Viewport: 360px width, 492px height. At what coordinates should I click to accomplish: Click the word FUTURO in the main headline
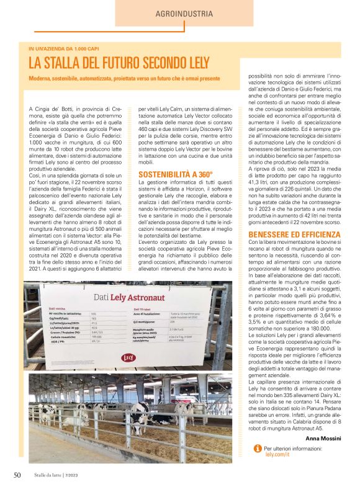coord(125,63)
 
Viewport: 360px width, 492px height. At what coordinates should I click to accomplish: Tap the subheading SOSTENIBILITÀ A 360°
coord(176,175)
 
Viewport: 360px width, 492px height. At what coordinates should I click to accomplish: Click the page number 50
coord(17,475)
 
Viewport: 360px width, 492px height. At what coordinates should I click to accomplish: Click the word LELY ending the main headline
coord(206,63)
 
